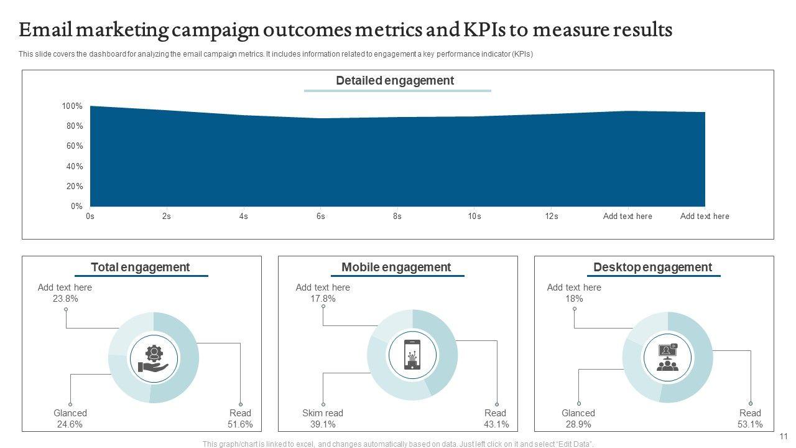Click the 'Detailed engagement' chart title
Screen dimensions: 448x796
click(x=395, y=81)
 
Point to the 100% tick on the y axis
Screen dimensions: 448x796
click(x=72, y=106)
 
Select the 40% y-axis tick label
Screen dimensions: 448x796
click(x=74, y=167)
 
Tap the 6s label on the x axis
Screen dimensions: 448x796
click(x=320, y=217)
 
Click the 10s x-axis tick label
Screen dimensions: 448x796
click(x=474, y=217)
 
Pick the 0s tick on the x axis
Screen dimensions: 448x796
click(x=90, y=217)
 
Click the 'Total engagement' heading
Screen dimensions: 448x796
click(x=141, y=268)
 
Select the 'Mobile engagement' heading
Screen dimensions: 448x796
click(x=396, y=268)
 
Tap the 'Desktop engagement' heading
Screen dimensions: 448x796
click(x=652, y=268)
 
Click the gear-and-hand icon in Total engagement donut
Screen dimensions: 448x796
click(x=154, y=359)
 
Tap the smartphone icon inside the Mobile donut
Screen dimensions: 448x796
click(x=412, y=355)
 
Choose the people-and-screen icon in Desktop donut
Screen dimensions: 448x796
click(x=667, y=358)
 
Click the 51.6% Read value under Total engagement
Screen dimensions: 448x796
click(x=240, y=424)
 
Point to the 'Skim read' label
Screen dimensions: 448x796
click(x=323, y=413)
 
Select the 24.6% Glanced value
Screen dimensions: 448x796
click(x=70, y=424)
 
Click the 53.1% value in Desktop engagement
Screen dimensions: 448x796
click(x=750, y=424)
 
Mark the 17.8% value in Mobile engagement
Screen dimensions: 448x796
click(x=323, y=299)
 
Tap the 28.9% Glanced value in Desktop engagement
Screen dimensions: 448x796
click(x=578, y=424)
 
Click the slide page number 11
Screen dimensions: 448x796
click(x=784, y=437)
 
